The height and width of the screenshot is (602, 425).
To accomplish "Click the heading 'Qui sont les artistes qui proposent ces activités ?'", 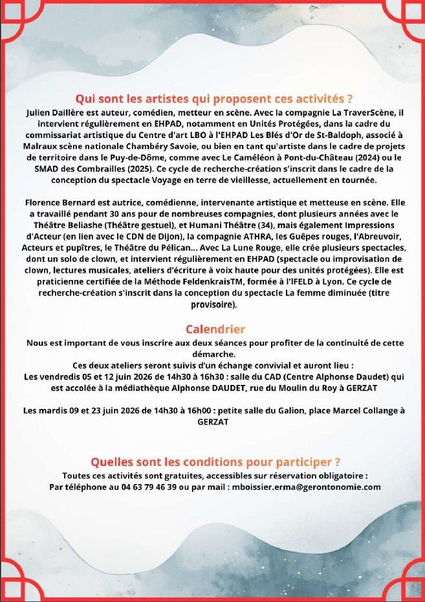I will pyautogui.click(x=214, y=99).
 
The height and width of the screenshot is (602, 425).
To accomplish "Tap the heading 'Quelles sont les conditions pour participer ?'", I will pyautogui.click(x=215, y=462).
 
